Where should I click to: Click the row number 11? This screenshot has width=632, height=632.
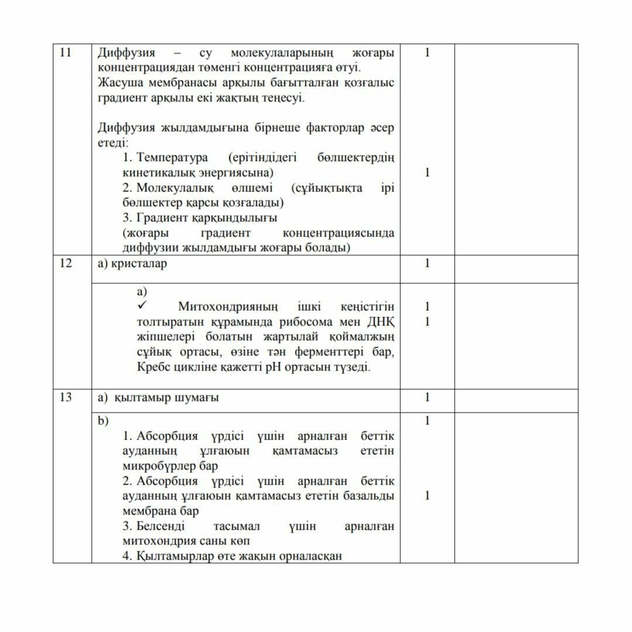pyautogui.click(x=66, y=53)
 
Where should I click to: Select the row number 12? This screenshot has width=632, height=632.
pyautogui.click(x=66, y=263)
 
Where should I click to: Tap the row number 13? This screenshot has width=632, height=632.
pyautogui.click(x=66, y=397)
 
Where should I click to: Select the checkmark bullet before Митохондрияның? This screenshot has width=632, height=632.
pyautogui.click(x=142, y=306)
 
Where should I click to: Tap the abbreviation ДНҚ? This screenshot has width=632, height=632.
pyautogui.click(x=381, y=322)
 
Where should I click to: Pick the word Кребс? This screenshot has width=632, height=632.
pyautogui.click(x=153, y=367)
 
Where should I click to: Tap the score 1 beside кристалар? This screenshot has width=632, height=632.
pyautogui.click(x=427, y=263)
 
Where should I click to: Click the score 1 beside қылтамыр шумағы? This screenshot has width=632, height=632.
pyautogui.click(x=427, y=397)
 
